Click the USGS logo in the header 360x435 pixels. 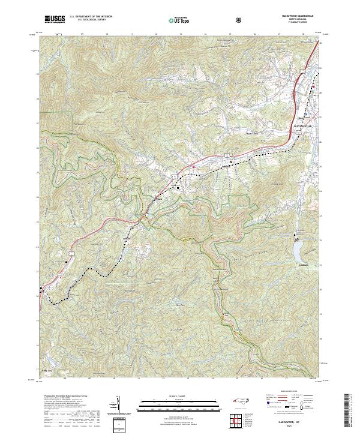pyautogui.click(x=54, y=19)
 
